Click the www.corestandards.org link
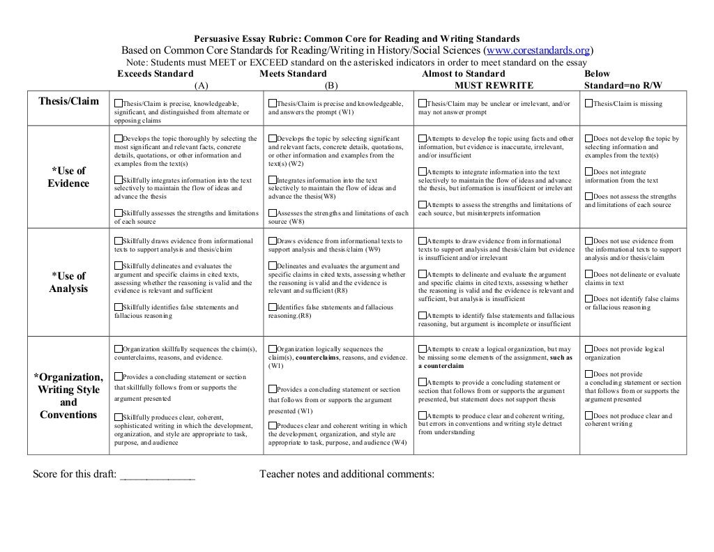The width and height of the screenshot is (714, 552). tap(539, 51)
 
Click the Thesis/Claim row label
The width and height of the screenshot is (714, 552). tap(68, 101)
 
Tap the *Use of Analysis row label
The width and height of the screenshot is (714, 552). tap(68, 282)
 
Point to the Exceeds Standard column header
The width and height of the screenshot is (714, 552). tap(155, 73)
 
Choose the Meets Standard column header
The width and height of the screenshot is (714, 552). tap(292, 73)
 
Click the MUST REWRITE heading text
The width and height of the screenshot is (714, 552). tap(494, 85)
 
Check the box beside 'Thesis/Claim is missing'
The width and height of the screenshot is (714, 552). tap(589, 104)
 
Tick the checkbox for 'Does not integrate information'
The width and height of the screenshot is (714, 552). tap(589, 171)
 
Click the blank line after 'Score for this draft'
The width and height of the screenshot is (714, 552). tap(158, 475)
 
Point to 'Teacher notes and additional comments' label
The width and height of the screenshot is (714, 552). tap(347, 475)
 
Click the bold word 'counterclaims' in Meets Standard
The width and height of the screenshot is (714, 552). tap(319, 358)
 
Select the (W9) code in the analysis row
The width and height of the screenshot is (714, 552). tap(374, 249)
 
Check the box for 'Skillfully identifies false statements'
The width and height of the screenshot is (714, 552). tap(119, 307)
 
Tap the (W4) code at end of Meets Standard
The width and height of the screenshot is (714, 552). tap(399, 443)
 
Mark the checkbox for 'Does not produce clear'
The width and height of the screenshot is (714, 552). tap(589, 416)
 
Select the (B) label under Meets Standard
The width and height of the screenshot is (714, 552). tap(331, 85)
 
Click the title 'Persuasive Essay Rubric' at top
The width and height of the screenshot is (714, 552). tap(356, 38)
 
